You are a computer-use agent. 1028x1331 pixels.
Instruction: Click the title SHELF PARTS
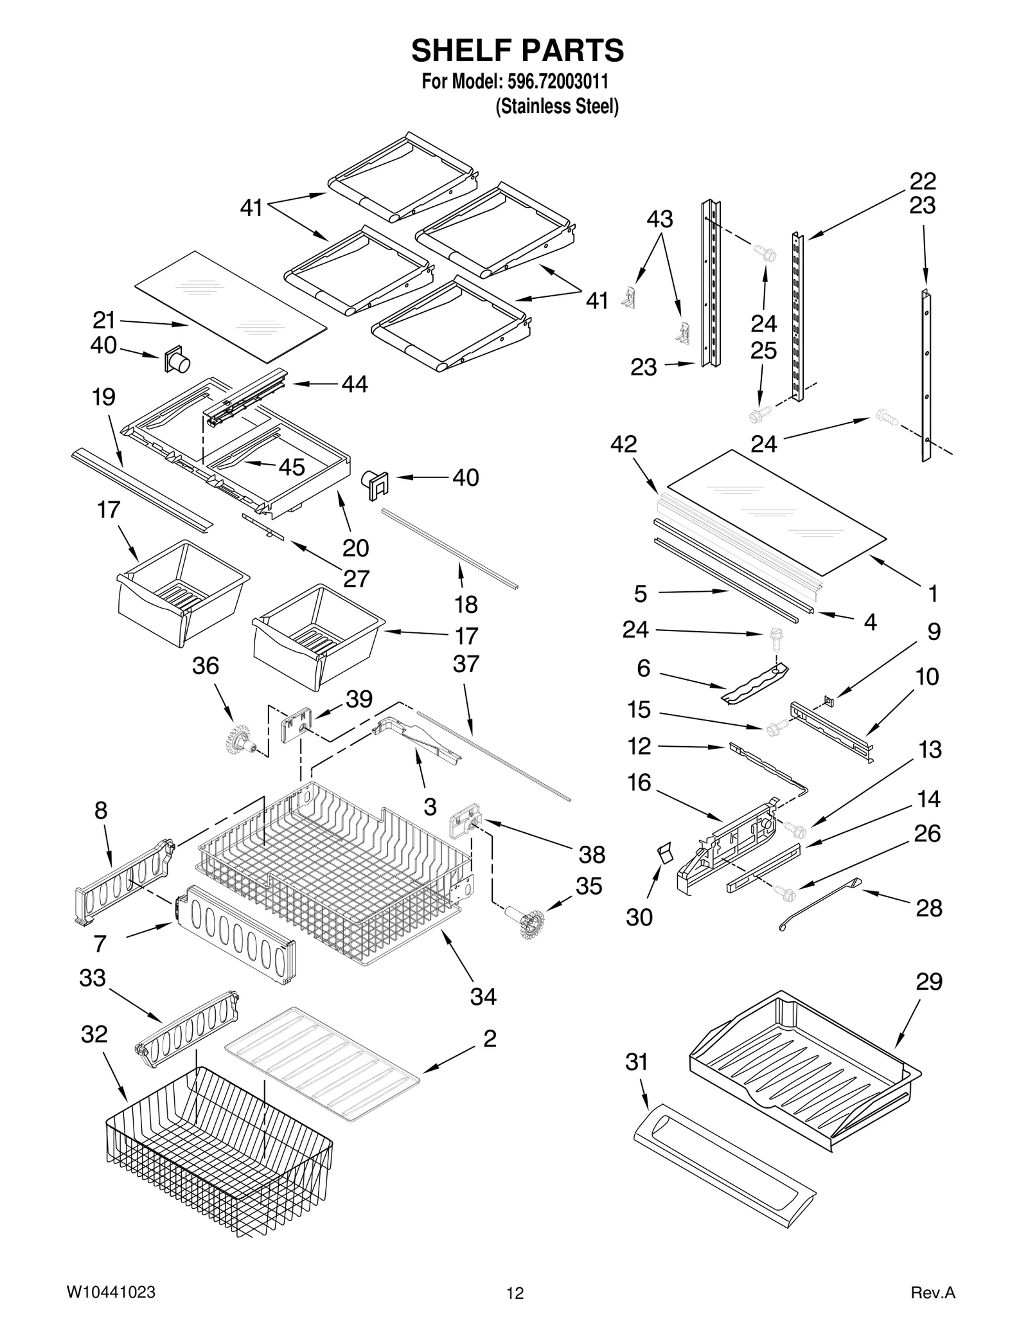coord(517,50)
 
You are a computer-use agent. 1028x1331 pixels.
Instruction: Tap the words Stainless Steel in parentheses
coord(556,106)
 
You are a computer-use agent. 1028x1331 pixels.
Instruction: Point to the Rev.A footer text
coord(933,1292)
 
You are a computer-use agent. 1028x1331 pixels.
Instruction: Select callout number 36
coord(206,665)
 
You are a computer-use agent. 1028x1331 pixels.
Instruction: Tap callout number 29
coord(928,981)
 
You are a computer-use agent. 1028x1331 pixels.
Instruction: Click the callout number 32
coord(94,1034)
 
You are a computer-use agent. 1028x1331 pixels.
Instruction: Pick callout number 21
coord(103,319)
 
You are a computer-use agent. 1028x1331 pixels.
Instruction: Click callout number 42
coord(623,443)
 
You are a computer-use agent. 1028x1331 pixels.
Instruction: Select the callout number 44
coord(355,384)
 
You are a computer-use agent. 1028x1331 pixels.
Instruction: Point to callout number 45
coord(291,467)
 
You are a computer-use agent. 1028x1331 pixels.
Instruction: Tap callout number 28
coord(928,907)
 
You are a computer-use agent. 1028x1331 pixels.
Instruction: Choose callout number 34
coord(483,996)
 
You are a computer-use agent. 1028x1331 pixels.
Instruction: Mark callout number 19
coord(103,397)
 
